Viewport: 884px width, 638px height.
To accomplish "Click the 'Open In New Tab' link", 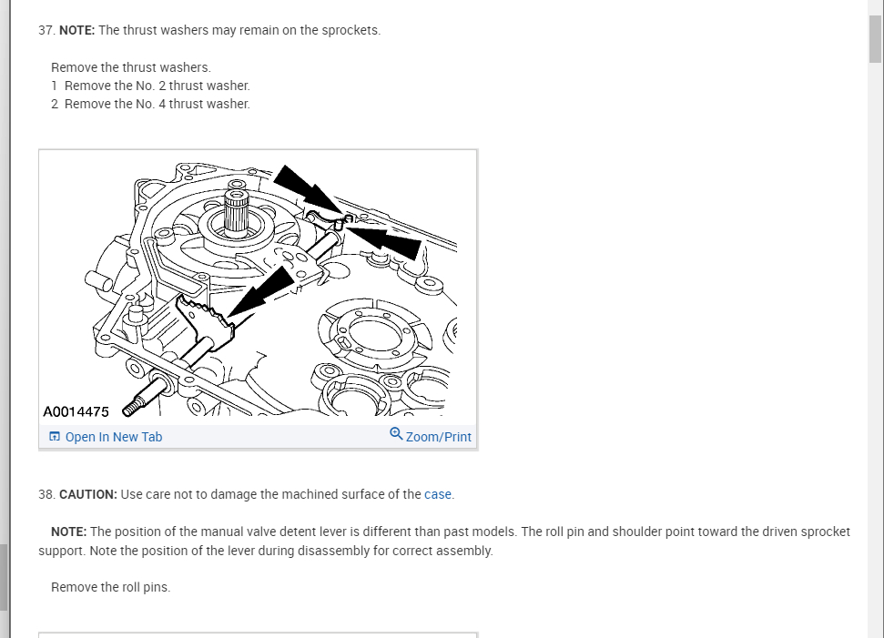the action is coord(113,437).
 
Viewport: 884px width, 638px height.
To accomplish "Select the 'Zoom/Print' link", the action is coord(438,437).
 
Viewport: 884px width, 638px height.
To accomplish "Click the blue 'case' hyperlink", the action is coord(438,494).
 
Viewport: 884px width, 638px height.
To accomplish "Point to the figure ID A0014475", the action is coord(76,412).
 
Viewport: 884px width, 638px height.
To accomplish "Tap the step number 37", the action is coord(46,30).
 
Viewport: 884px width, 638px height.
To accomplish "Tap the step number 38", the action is coord(46,494).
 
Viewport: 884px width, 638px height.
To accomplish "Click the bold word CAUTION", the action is coord(87,494).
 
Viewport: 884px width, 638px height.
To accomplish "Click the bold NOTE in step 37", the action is coord(76,30).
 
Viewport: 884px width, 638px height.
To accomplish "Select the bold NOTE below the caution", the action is coord(68,532).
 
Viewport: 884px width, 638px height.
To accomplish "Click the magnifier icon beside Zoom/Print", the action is coord(396,434).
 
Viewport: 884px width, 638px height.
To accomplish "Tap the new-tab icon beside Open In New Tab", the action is coord(55,437).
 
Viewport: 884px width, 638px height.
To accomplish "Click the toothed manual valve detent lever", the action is coord(208,314).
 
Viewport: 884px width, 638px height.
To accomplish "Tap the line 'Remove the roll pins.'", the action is coord(110,587).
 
